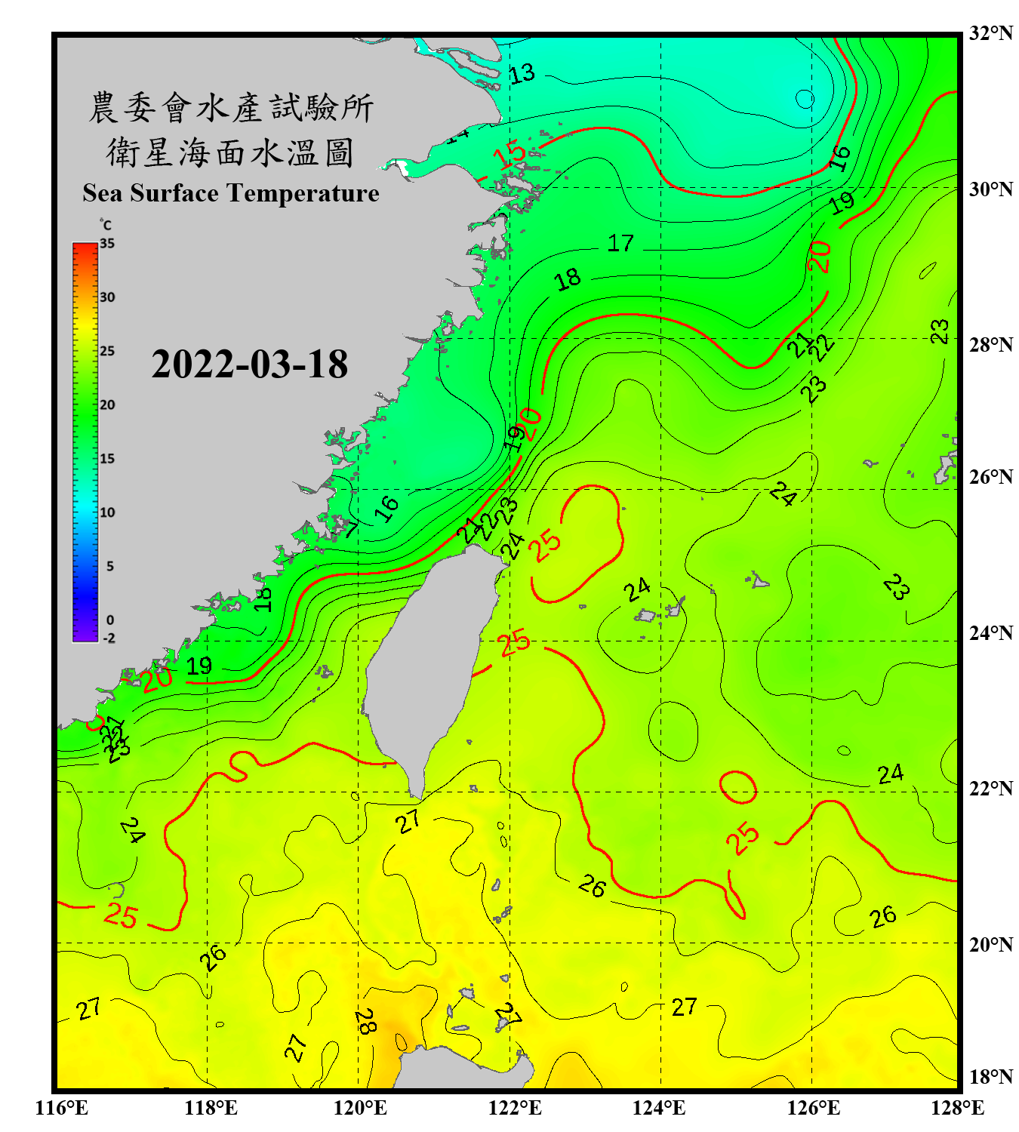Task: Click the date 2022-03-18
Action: coord(249,364)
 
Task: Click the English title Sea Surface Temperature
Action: coord(231,193)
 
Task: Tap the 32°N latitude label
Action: coord(990,33)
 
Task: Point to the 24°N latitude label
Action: coord(990,632)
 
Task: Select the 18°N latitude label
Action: coord(990,1077)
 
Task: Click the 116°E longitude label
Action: coord(62,1108)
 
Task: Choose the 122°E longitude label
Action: coord(515,1108)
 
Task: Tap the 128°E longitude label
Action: coord(957,1108)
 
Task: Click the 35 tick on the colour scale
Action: coord(107,244)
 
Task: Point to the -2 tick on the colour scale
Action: coord(109,638)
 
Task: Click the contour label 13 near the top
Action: coord(522,74)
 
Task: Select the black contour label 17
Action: coord(620,243)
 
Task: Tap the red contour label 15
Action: coord(510,155)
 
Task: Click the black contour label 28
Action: coord(365,1022)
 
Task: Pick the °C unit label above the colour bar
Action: coord(105,225)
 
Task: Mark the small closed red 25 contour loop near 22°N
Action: coord(738,787)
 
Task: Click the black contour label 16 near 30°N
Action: coord(839,158)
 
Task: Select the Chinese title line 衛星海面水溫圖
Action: coord(230,152)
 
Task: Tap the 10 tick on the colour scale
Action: coord(107,512)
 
